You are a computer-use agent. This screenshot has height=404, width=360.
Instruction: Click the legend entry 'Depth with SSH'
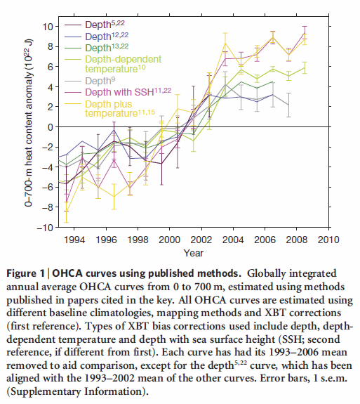pos(128,92)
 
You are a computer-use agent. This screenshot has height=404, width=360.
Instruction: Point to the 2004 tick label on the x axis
pos(233,240)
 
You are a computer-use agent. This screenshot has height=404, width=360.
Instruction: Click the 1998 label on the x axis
pos(138,240)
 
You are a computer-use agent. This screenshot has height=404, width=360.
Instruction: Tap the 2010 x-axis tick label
pos(328,240)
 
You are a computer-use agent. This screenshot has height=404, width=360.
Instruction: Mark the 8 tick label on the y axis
pos(50,46)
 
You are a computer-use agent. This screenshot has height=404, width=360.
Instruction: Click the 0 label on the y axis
pos(50,127)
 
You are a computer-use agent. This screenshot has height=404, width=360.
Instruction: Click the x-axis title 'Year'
pos(194,253)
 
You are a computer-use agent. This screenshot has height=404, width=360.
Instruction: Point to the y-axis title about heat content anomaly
pos(28,123)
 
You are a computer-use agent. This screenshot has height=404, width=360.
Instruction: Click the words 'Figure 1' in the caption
pos(25,273)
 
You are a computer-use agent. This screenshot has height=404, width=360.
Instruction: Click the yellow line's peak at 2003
pos(225,43)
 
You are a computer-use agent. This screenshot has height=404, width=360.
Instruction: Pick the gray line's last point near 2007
pos(288,105)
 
